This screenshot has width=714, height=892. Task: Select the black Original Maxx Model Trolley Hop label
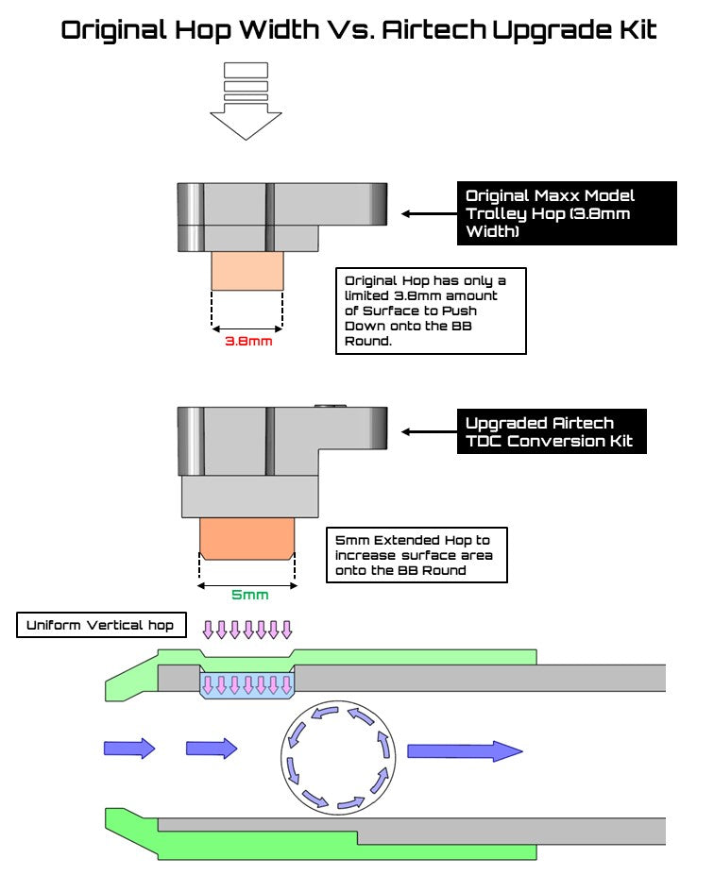click(x=566, y=212)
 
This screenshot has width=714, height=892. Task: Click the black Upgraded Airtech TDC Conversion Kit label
click(x=552, y=431)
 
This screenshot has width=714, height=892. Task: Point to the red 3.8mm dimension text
click(x=247, y=341)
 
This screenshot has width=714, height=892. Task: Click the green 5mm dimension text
click(x=249, y=596)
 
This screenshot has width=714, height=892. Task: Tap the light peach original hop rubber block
click(x=247, y=271)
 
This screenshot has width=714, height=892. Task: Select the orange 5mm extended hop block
click(x=247, y=538)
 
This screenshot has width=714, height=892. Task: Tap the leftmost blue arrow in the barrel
click(x=128, y=749)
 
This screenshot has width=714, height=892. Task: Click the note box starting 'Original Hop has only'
click(x=431, y=311)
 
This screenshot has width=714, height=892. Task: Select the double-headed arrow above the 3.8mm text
click(x=247, y=328)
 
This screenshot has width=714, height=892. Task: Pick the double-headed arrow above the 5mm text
click(x=247, y=584)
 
